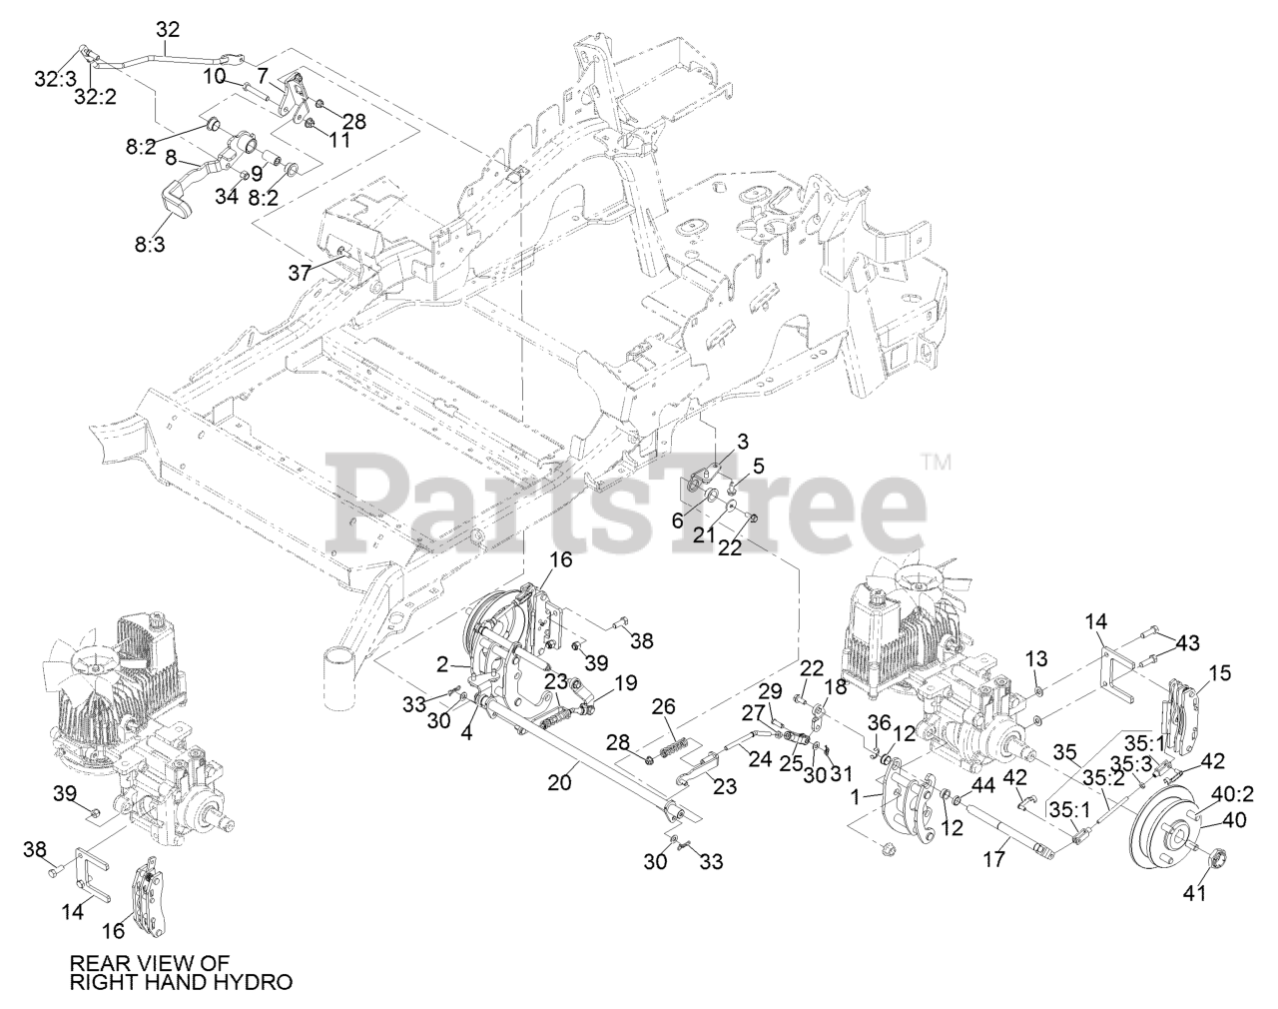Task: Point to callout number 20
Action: coord(560,783)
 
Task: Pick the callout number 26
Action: coord(663,708)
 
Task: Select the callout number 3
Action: coord(743,442)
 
